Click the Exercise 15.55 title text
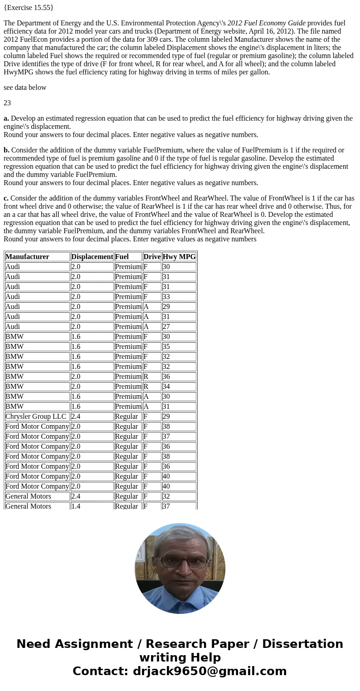29,8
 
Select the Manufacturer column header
27,257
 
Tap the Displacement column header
92,257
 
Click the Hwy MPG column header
179,257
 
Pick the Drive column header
152,257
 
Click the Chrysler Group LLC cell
36,417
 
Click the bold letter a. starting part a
6,118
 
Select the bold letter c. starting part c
6,198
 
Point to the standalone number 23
7,103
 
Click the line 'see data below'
25,88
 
